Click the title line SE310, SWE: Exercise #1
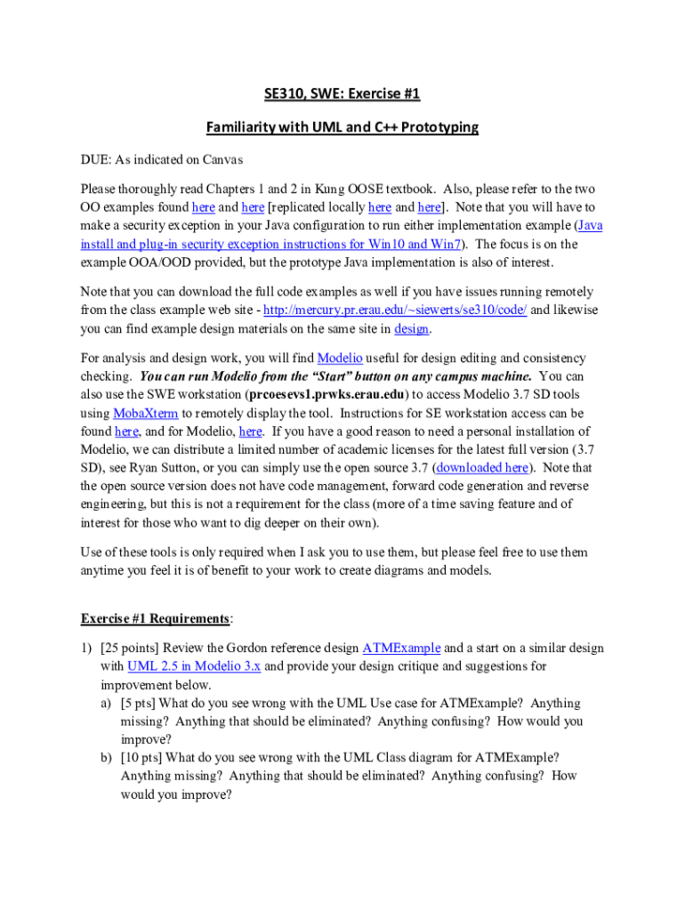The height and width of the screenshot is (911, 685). click(342, 93)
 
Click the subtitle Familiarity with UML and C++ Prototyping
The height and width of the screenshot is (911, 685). click(342, 127)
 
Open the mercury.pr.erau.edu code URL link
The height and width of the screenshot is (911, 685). click(401, 310)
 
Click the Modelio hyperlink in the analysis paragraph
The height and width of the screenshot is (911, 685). click(340, 358)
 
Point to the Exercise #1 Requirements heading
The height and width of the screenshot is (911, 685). click(157, 617)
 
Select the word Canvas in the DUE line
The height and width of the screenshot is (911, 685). click(222, 160)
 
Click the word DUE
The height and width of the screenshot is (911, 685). click(97, 160)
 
